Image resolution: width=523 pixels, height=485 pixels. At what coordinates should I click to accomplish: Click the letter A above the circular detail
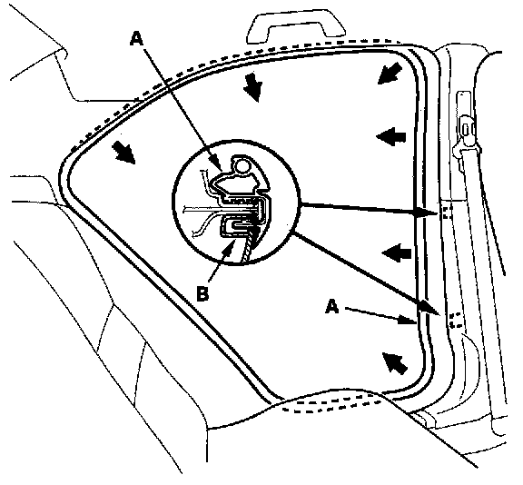coord(137,38)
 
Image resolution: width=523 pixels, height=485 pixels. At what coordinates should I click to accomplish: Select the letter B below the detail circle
coord(202,294)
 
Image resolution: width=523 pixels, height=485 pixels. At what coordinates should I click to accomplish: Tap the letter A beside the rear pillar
coord(332,306)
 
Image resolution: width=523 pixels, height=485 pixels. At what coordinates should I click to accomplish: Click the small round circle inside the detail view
coord(242,166)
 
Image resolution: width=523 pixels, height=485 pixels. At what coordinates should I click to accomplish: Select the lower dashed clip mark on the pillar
coord(455,320)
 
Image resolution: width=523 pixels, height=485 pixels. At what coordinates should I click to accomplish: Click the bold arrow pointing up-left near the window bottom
coord(395,363)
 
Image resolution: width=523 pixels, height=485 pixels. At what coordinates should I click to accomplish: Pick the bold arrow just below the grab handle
coord(252,87)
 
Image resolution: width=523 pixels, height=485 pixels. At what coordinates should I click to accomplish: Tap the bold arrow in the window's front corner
coord(123,153)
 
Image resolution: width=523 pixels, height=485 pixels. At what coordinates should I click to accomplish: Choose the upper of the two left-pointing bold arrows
coord(391,137)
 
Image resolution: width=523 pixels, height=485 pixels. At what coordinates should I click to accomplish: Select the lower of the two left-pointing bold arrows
coord(396,253)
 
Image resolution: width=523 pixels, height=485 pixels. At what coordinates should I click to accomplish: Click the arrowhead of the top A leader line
coord(216,162)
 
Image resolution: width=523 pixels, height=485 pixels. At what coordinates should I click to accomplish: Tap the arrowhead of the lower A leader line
coord(409,321)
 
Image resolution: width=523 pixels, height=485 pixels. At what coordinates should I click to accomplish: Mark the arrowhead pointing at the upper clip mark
coord(427,213)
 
